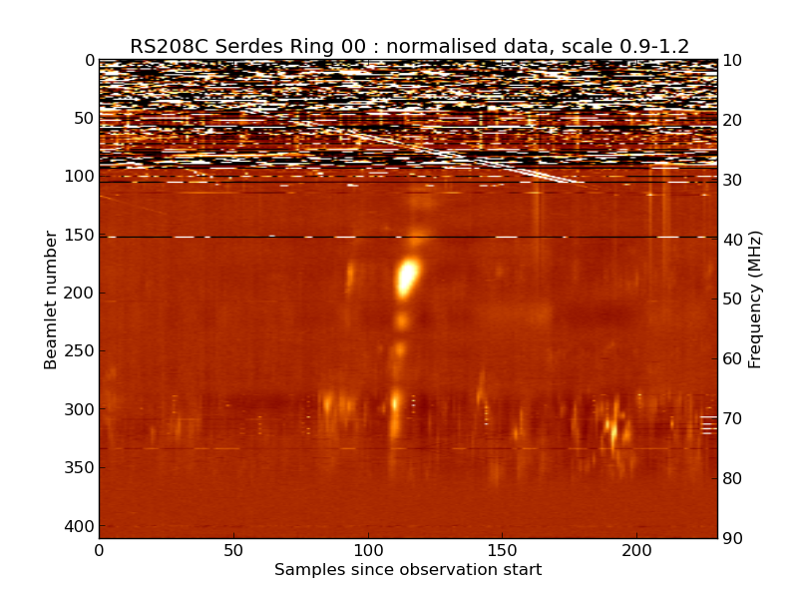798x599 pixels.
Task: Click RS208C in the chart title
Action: [163, 46]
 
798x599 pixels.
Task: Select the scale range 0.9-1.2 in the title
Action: [651, 46]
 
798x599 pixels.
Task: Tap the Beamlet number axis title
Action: [51, 299]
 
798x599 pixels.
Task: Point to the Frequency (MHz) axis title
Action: [755, 299]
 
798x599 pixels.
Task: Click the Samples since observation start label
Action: [408, 570]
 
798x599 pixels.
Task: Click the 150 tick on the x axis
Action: [503, 550]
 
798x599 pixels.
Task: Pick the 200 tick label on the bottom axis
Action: [636, 550]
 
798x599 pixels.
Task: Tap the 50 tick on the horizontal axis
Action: [233, 550]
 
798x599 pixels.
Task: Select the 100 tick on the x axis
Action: [368, 550]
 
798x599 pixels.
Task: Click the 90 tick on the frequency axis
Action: [732, 539]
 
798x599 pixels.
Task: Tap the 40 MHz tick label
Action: [732, 240]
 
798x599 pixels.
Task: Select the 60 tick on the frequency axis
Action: [732, 359]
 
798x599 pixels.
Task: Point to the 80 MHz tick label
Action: [732, 479]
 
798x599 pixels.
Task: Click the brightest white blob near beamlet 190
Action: [407, 277]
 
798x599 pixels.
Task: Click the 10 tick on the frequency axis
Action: [732, 61]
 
